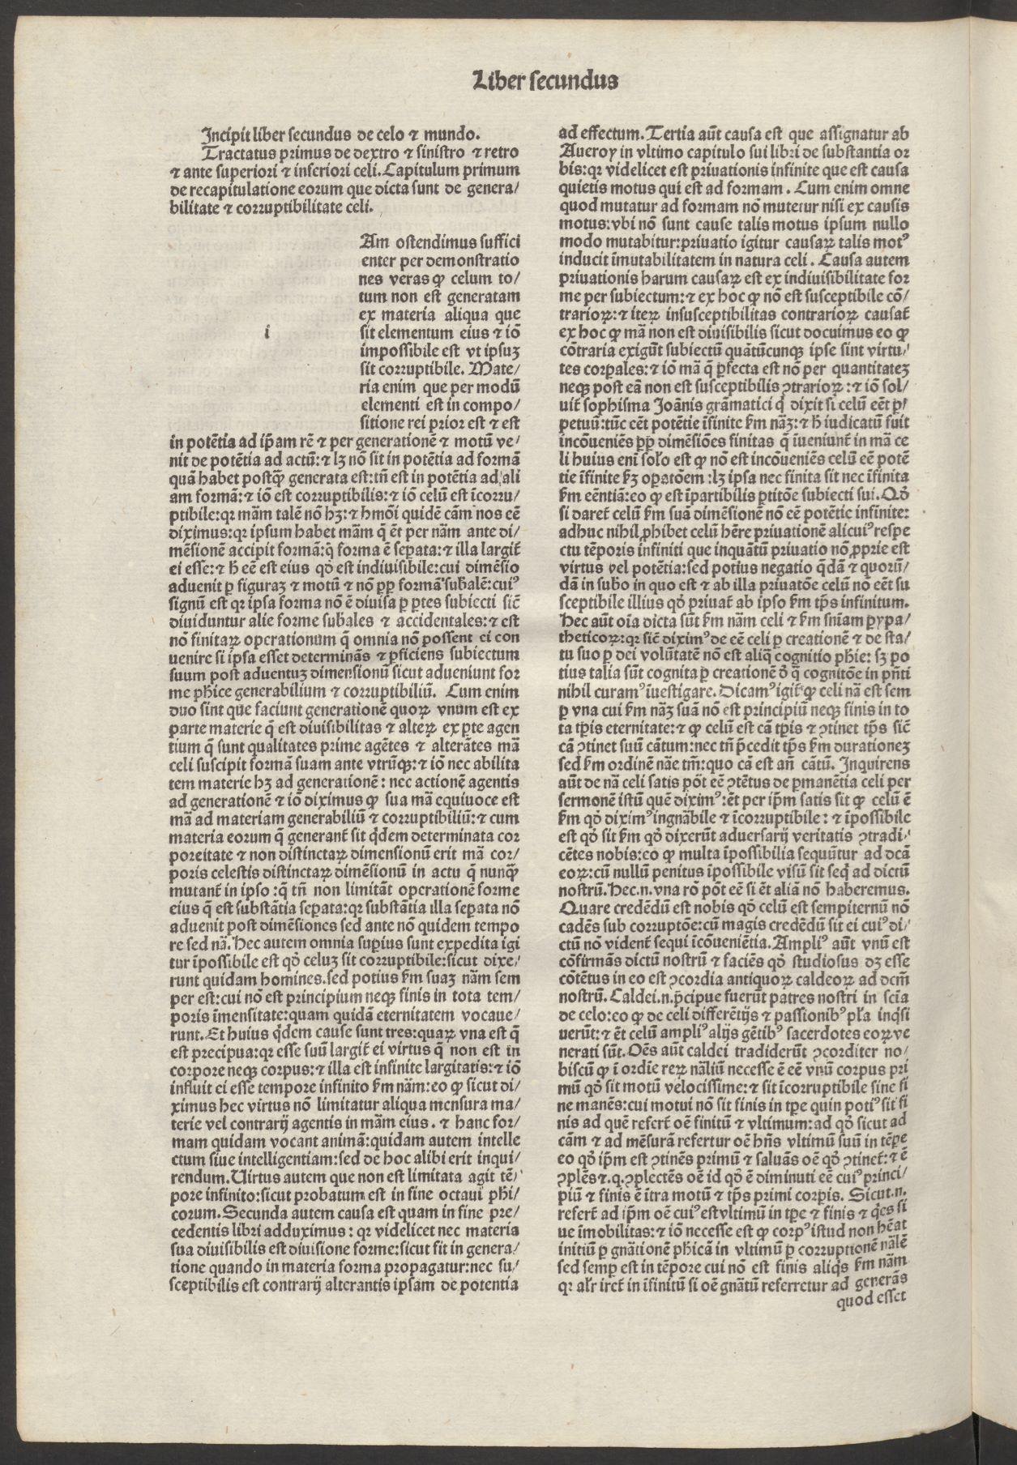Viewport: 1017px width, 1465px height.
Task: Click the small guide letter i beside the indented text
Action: [x=267, y=330]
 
